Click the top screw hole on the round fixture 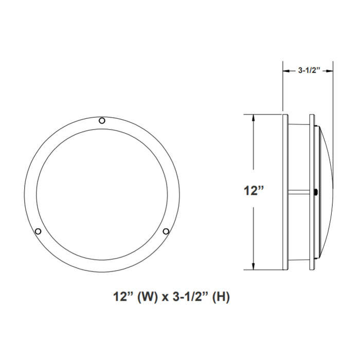coord(102,120)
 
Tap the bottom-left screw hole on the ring coord(38,231)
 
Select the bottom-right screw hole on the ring coord(166,231)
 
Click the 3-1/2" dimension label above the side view coord(309,71)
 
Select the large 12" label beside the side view coord(254,191)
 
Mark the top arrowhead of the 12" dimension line coord(254,118)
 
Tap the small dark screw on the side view coord(315,192)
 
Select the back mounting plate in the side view coord(284,191)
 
